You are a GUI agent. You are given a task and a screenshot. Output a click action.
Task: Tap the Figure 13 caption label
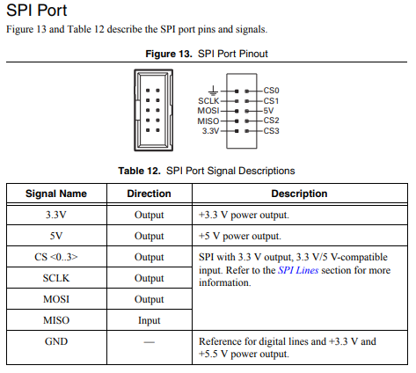[x=171, y=54]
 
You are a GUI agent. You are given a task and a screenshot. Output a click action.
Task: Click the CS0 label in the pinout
[x=271, y=91]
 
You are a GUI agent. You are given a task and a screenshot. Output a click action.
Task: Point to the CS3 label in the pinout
[x=271, y=131]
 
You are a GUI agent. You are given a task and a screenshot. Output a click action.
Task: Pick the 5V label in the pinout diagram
[x=269, y=111]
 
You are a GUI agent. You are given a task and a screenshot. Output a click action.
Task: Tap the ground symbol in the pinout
[x=213, y=89]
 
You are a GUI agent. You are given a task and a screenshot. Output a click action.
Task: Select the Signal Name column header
[x=55, y=194]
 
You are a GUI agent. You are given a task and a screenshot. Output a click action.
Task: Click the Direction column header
[x=149, y=194]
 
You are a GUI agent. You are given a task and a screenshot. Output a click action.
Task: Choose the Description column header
[x=299, y=194]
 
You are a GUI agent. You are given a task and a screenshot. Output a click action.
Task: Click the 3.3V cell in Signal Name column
[x=55, y=215]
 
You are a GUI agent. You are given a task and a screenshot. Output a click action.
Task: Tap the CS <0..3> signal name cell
[x=55, y=257]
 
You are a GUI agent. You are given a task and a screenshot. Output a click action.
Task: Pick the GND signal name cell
[x=55, y=341]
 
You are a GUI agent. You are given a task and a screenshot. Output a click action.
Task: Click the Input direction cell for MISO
[x=149, y=320]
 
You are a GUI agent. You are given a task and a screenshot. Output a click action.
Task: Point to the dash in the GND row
[x=149, y=341]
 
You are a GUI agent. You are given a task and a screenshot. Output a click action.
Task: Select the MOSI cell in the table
[x=55, y=299]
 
